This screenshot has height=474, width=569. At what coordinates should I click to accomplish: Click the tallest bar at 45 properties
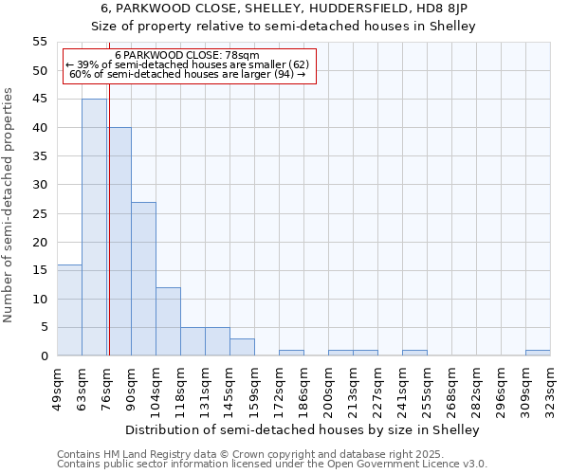[94, 228]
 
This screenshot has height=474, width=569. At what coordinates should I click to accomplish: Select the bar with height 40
[119, 242]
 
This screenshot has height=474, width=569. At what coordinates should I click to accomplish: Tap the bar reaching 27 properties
[143, 279]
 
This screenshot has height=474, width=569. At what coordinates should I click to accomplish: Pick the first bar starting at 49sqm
[69, 310]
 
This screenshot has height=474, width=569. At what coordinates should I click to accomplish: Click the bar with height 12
[168, 321]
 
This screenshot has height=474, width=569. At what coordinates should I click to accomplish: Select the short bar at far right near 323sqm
[538, 353]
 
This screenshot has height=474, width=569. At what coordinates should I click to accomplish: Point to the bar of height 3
[242, 347]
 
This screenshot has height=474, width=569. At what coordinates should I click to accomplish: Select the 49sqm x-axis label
[57, 388]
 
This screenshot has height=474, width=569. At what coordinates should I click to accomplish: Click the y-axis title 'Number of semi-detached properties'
[9, 205]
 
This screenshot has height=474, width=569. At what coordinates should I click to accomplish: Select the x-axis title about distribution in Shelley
[303, 429]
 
